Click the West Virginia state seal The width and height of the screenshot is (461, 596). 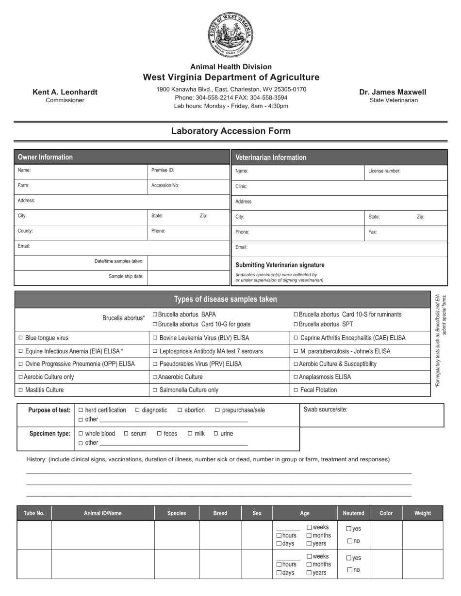click(x=230, y=34)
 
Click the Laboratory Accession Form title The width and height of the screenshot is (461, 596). click(x=230, y=131)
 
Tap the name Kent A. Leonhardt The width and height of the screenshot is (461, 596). click(x=65, y=92)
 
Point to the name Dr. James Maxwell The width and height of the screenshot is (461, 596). click(x=393, y=92)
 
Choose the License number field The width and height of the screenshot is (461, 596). click(x=405, y=171)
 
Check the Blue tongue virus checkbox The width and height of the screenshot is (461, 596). click(x=20, y=338)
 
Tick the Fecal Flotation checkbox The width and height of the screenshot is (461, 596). click(x=296, y=390)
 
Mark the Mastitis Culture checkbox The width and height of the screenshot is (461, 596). click(x=20, y=390)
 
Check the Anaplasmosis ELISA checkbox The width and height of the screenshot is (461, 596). click(x=296, y=377)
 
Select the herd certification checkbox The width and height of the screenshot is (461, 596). click(x=81, y=410)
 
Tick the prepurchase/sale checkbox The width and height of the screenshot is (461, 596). click(x=217, y=410)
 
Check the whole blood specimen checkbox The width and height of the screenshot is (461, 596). click(x=81, y=434)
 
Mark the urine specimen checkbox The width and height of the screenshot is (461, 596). click(x=216, y=434)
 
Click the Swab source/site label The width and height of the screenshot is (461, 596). click(x=325, y=409)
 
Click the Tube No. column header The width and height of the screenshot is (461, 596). click(x=34, y=513)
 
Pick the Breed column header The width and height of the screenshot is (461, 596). click(x=220, y=513)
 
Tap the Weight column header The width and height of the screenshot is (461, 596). click(x=422, y=513)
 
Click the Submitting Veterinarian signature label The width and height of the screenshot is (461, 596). click(x=280, y=265)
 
